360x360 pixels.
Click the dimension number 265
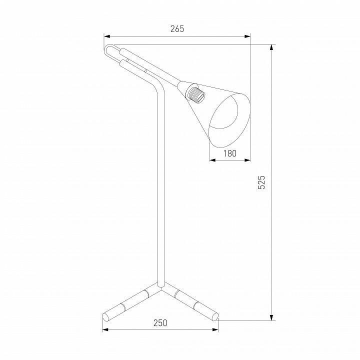(177, 28)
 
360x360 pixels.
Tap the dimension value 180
(230, 153)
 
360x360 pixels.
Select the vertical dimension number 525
(261, 182)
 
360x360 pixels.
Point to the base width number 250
(160, 323)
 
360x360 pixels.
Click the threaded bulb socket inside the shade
(195, 94)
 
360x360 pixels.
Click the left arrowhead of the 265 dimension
(107, 36)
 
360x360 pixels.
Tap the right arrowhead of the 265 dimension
(247, 36)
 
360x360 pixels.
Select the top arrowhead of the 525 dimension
(271, 47)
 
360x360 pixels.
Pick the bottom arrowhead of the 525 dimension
(271, 317)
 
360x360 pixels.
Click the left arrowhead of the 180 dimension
(212, 160)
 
